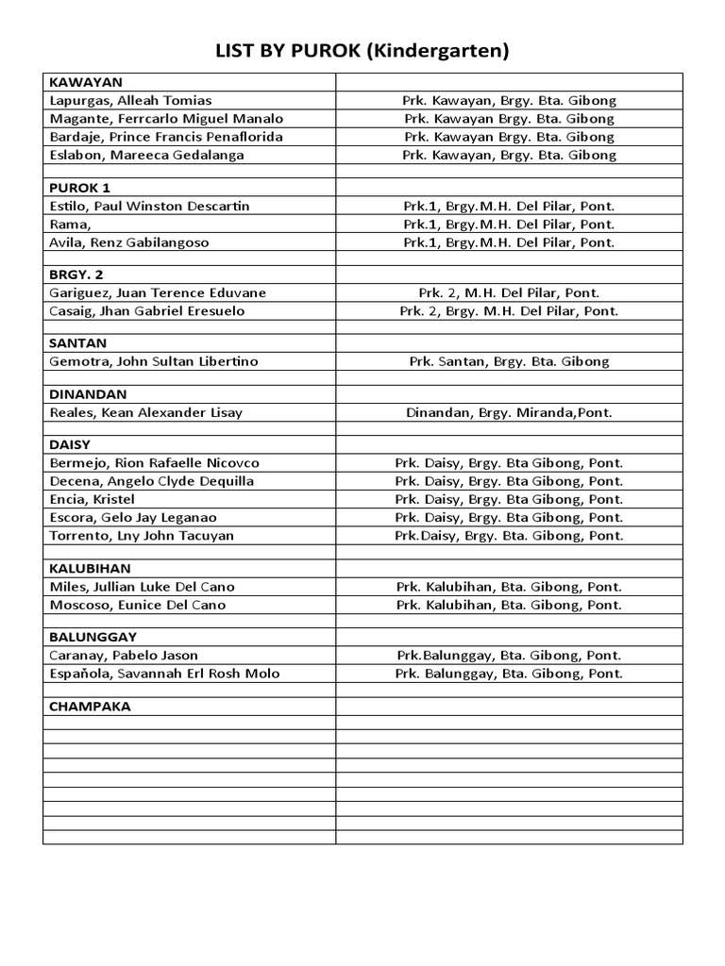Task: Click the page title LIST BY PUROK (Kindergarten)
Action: click(x=362, y=51)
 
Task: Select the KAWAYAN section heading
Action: click(x=86, y=82)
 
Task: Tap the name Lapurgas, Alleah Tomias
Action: click(x=130, y=101)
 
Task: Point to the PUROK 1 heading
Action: click(x=80, y=188)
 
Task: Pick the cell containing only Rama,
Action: click(x=70, y=225)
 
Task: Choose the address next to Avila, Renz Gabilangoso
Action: click(x=509, y=242)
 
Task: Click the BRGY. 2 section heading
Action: click(x=76, y=275)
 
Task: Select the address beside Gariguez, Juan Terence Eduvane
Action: click(x=509, y=292)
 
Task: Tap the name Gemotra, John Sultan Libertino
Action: click(x=154, y=361)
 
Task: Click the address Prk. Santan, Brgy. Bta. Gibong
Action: click(x=509, y=361)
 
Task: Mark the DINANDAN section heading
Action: click(x=88, y=394)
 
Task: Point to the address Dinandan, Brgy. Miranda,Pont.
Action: click(x=509, y=412)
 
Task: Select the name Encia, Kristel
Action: click(x=92, y=499)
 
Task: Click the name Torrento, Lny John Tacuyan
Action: click(x=142, y=536)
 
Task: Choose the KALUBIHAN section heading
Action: click(x=91, y=569)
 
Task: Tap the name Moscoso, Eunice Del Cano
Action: click(x=138, y=605)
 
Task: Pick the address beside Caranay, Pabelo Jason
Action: click(x=509, y=655)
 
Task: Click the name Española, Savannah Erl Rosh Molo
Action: click(x=164, y=674)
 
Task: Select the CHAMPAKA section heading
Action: click(x=90, y=707)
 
